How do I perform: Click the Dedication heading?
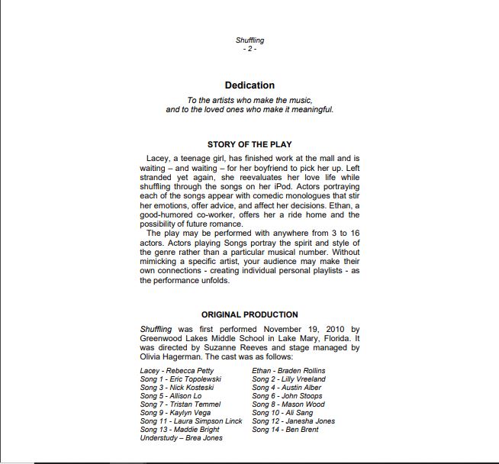tap(250, 85)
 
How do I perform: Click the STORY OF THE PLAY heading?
tap(250, 144)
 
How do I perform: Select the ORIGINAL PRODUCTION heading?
tap(250, 314)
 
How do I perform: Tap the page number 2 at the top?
tap(250, 49)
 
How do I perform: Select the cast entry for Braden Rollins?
tap(288, 371)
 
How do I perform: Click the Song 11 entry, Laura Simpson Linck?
tap(191, 421)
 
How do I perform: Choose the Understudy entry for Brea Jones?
tap(181, 438)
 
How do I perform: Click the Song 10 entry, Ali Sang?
tap(283, 413)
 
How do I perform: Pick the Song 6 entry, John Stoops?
tap(287, 396)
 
